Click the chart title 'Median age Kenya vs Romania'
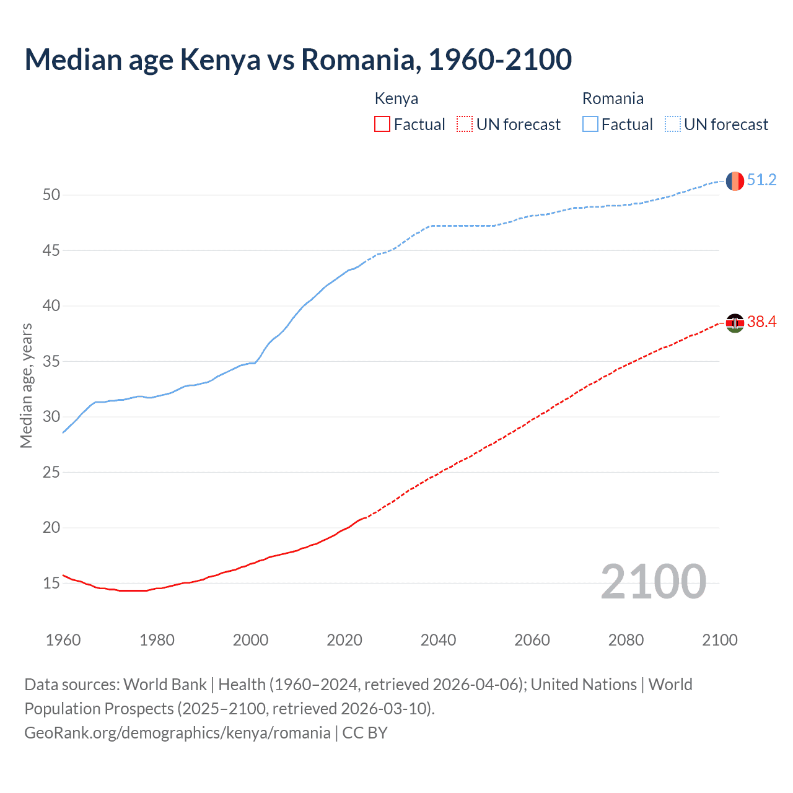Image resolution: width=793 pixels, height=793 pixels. (297, 59)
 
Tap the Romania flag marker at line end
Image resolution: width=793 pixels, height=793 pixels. (735, 181)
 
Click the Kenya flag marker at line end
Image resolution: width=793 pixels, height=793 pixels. (735, 323)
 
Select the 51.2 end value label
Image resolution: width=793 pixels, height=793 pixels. (761, 180)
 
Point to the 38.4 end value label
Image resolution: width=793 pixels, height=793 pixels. (761, 322)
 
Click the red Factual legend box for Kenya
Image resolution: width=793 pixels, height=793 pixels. (382, 125)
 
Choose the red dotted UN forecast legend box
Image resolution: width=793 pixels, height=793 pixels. (465, 125)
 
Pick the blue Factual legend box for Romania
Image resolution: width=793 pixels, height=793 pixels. (590, 125)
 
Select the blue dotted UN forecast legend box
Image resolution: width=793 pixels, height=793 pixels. (672, 125)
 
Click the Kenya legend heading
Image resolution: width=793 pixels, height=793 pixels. (396, 99)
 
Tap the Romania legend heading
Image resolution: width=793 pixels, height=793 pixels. (613, 99)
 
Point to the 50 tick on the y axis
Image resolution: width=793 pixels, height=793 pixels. (51, 195)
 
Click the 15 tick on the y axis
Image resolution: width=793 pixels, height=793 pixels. (51, 584)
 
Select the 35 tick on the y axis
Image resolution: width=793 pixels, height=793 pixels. (51, 361)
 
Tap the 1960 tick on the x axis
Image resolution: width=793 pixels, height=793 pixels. (63, 640)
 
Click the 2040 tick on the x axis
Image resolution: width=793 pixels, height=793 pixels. (438, 640)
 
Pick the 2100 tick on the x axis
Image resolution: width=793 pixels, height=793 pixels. (719, 640)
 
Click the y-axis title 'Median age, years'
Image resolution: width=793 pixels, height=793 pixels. (26, 385)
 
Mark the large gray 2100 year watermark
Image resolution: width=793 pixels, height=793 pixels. (653, 582)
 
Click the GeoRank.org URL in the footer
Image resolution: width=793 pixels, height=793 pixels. (177, 733)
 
